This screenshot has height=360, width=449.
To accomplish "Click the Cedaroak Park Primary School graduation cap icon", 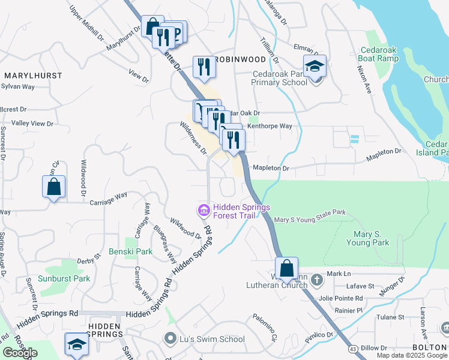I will [x=314, y=67].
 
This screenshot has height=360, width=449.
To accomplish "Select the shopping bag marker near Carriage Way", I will [x=53, y=186].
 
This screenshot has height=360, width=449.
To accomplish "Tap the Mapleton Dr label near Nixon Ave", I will [x=384, y=154].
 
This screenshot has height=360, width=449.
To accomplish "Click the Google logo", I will [x=20, y=353].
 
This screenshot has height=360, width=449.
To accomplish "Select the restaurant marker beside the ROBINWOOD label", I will [x=204, y=67].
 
